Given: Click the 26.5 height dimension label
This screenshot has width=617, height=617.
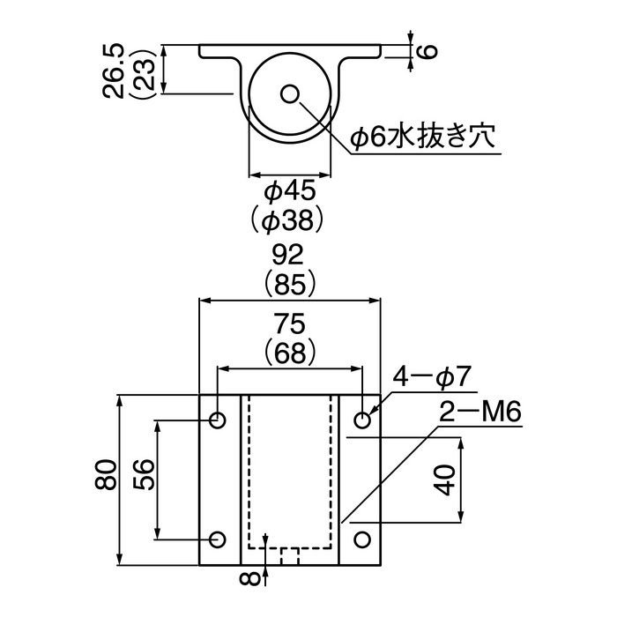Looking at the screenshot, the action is click(114, 70).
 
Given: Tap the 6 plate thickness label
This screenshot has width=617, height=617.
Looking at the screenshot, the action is click(427, 51).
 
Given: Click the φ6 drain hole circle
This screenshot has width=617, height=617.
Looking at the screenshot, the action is click(290, 93).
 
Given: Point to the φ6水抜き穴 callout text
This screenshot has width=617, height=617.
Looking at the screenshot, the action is click(422, 136).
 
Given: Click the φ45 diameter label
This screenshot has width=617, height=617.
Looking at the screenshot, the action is click(290, 191).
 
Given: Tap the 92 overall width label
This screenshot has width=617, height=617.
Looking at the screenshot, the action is click(288, 255).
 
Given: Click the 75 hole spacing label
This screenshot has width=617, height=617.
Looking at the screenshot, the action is click(290, 323).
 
